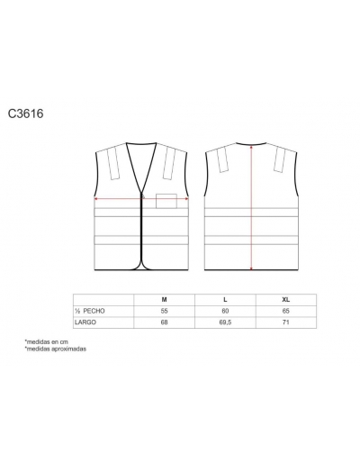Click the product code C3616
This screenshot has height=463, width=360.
pos(25,113)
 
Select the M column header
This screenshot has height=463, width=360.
pos(164,300)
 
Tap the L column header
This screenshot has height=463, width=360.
pos(225,300)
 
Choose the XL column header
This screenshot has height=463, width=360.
pos(286,300)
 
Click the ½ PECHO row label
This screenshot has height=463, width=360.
pos(90,311)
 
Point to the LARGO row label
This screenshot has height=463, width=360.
pos(85,322)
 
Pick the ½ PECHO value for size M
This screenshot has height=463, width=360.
pos(164,311)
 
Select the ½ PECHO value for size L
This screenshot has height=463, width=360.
pos(225,311)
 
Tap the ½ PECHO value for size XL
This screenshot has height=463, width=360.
pos(286,311)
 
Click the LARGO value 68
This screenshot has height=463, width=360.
pos(164,322)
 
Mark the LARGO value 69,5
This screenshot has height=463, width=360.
pos(225,322)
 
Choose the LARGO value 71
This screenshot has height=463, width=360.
pos(286,322)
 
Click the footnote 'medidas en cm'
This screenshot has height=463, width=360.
pos(47,341)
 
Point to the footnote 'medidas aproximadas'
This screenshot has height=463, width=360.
pos(56,349)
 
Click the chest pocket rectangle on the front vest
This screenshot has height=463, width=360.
pos(166,201)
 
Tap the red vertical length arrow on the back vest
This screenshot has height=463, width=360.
pos(251,207)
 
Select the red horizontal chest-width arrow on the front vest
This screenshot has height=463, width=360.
pos(141,198)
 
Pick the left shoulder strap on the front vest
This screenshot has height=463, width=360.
pos(113,164)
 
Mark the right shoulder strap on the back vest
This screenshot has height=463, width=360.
pos(280,160)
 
